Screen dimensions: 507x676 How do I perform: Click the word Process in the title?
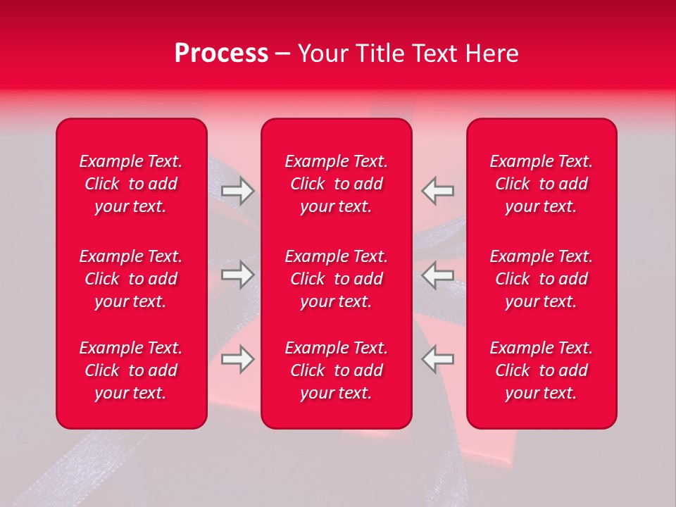point(221,54)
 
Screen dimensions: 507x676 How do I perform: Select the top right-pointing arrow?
point(237,190)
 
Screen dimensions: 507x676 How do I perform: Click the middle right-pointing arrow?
point(237,275)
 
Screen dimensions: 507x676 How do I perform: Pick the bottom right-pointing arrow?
point(237,359)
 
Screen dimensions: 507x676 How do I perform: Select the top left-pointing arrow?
point(438,190)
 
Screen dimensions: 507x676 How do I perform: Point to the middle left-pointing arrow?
point(438,275)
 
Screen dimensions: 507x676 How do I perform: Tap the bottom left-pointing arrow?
point(438,359)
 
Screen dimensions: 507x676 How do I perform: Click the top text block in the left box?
point(131,184)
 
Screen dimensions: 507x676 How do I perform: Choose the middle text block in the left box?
point(131,279)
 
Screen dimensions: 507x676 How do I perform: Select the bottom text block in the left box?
point(131,370)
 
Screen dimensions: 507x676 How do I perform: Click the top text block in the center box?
point(337,184)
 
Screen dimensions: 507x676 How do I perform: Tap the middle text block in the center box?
point(337,279)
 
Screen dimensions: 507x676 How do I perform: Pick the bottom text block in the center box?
point(337,370)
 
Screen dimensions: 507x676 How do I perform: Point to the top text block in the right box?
point(542,184)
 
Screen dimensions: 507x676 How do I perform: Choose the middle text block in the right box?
point(542,279)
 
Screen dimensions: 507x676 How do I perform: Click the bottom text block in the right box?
point(542,370)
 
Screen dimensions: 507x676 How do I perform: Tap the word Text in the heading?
point(439,54)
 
